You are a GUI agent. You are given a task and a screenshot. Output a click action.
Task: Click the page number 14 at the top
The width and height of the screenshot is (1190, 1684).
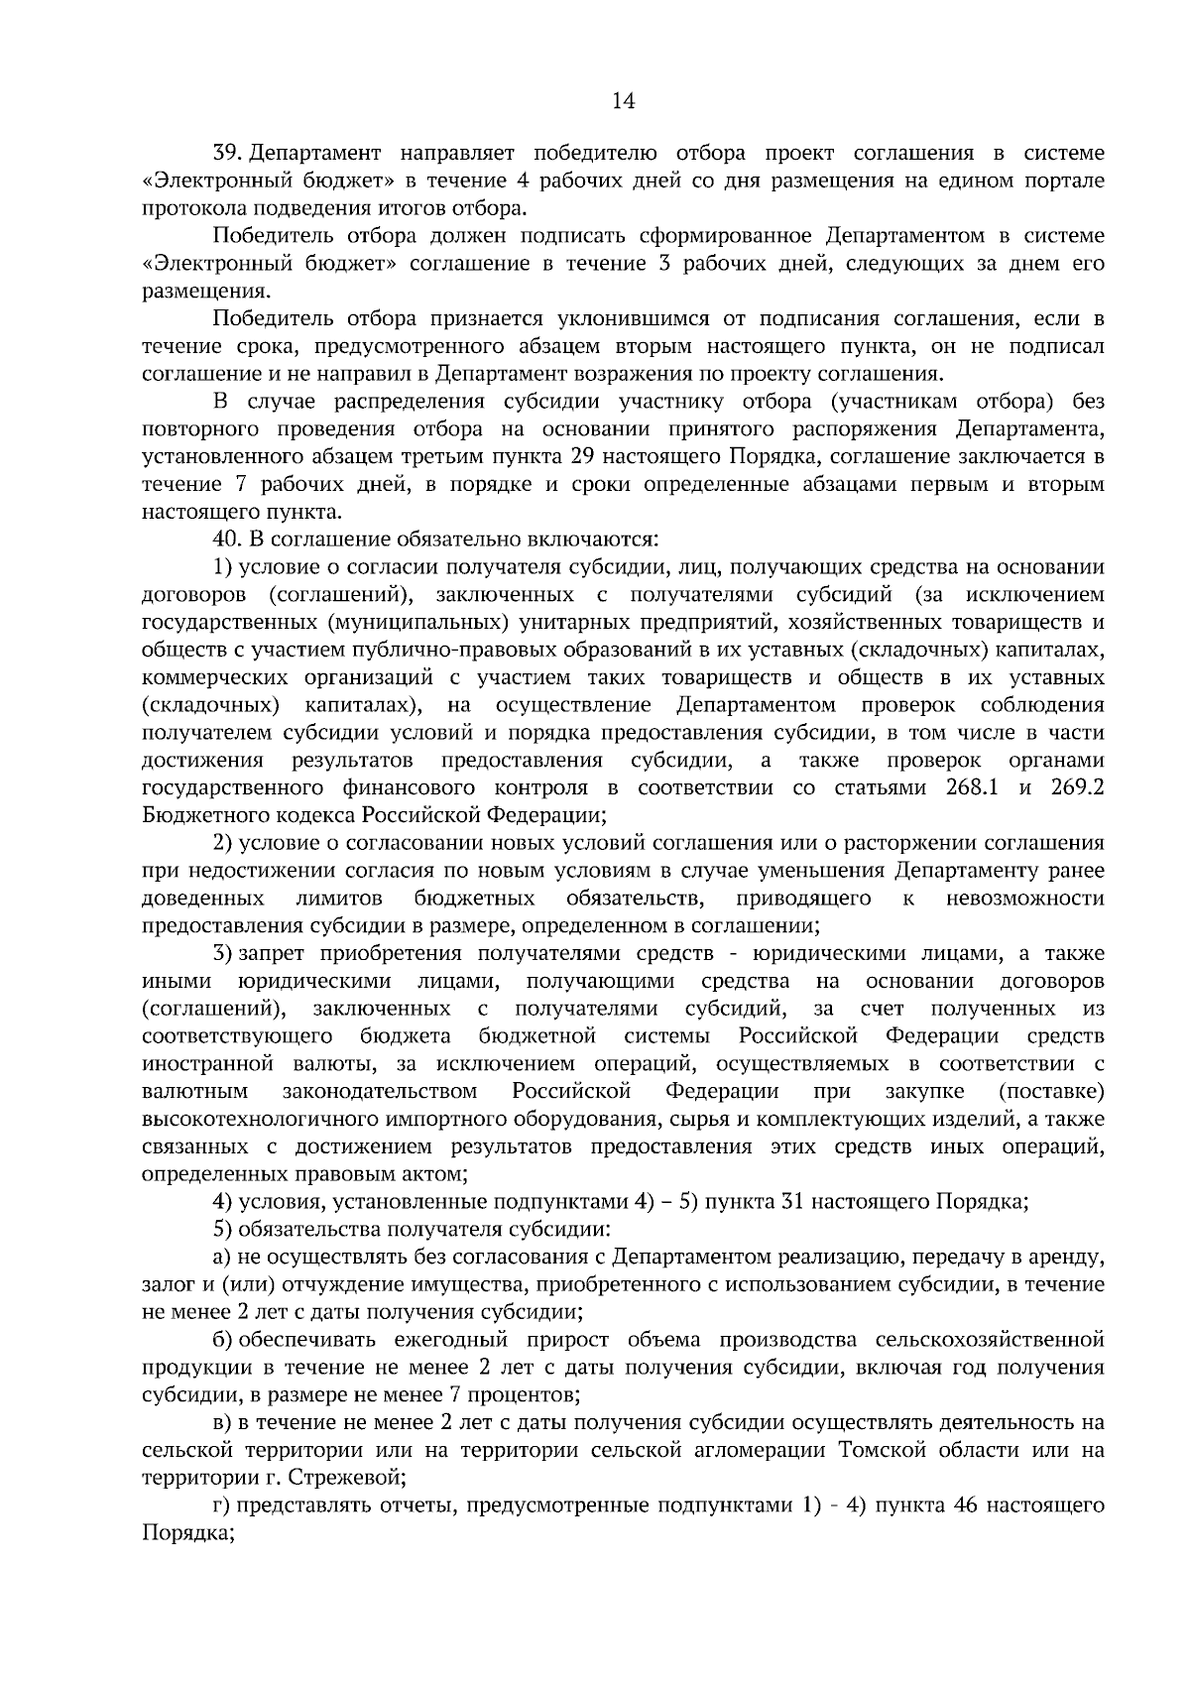pyautogui.click(x=623, y=101)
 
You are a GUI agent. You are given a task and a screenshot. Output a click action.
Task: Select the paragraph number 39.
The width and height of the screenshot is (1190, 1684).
pyautogui.click(x=227, y=154)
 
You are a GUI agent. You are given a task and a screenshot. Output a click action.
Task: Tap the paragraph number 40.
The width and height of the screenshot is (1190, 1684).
pyautogui.click(x=227, y=540)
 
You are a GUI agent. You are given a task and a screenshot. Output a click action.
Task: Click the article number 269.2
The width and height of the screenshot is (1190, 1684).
pyautogui.click(x=1073, y=788)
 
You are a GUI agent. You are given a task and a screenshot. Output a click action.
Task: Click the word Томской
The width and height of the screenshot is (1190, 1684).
pyautogui.click(x=879, y=1451)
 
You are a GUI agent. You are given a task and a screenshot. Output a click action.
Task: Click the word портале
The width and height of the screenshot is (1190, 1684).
pyautogui.click(x=1066, y=181)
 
